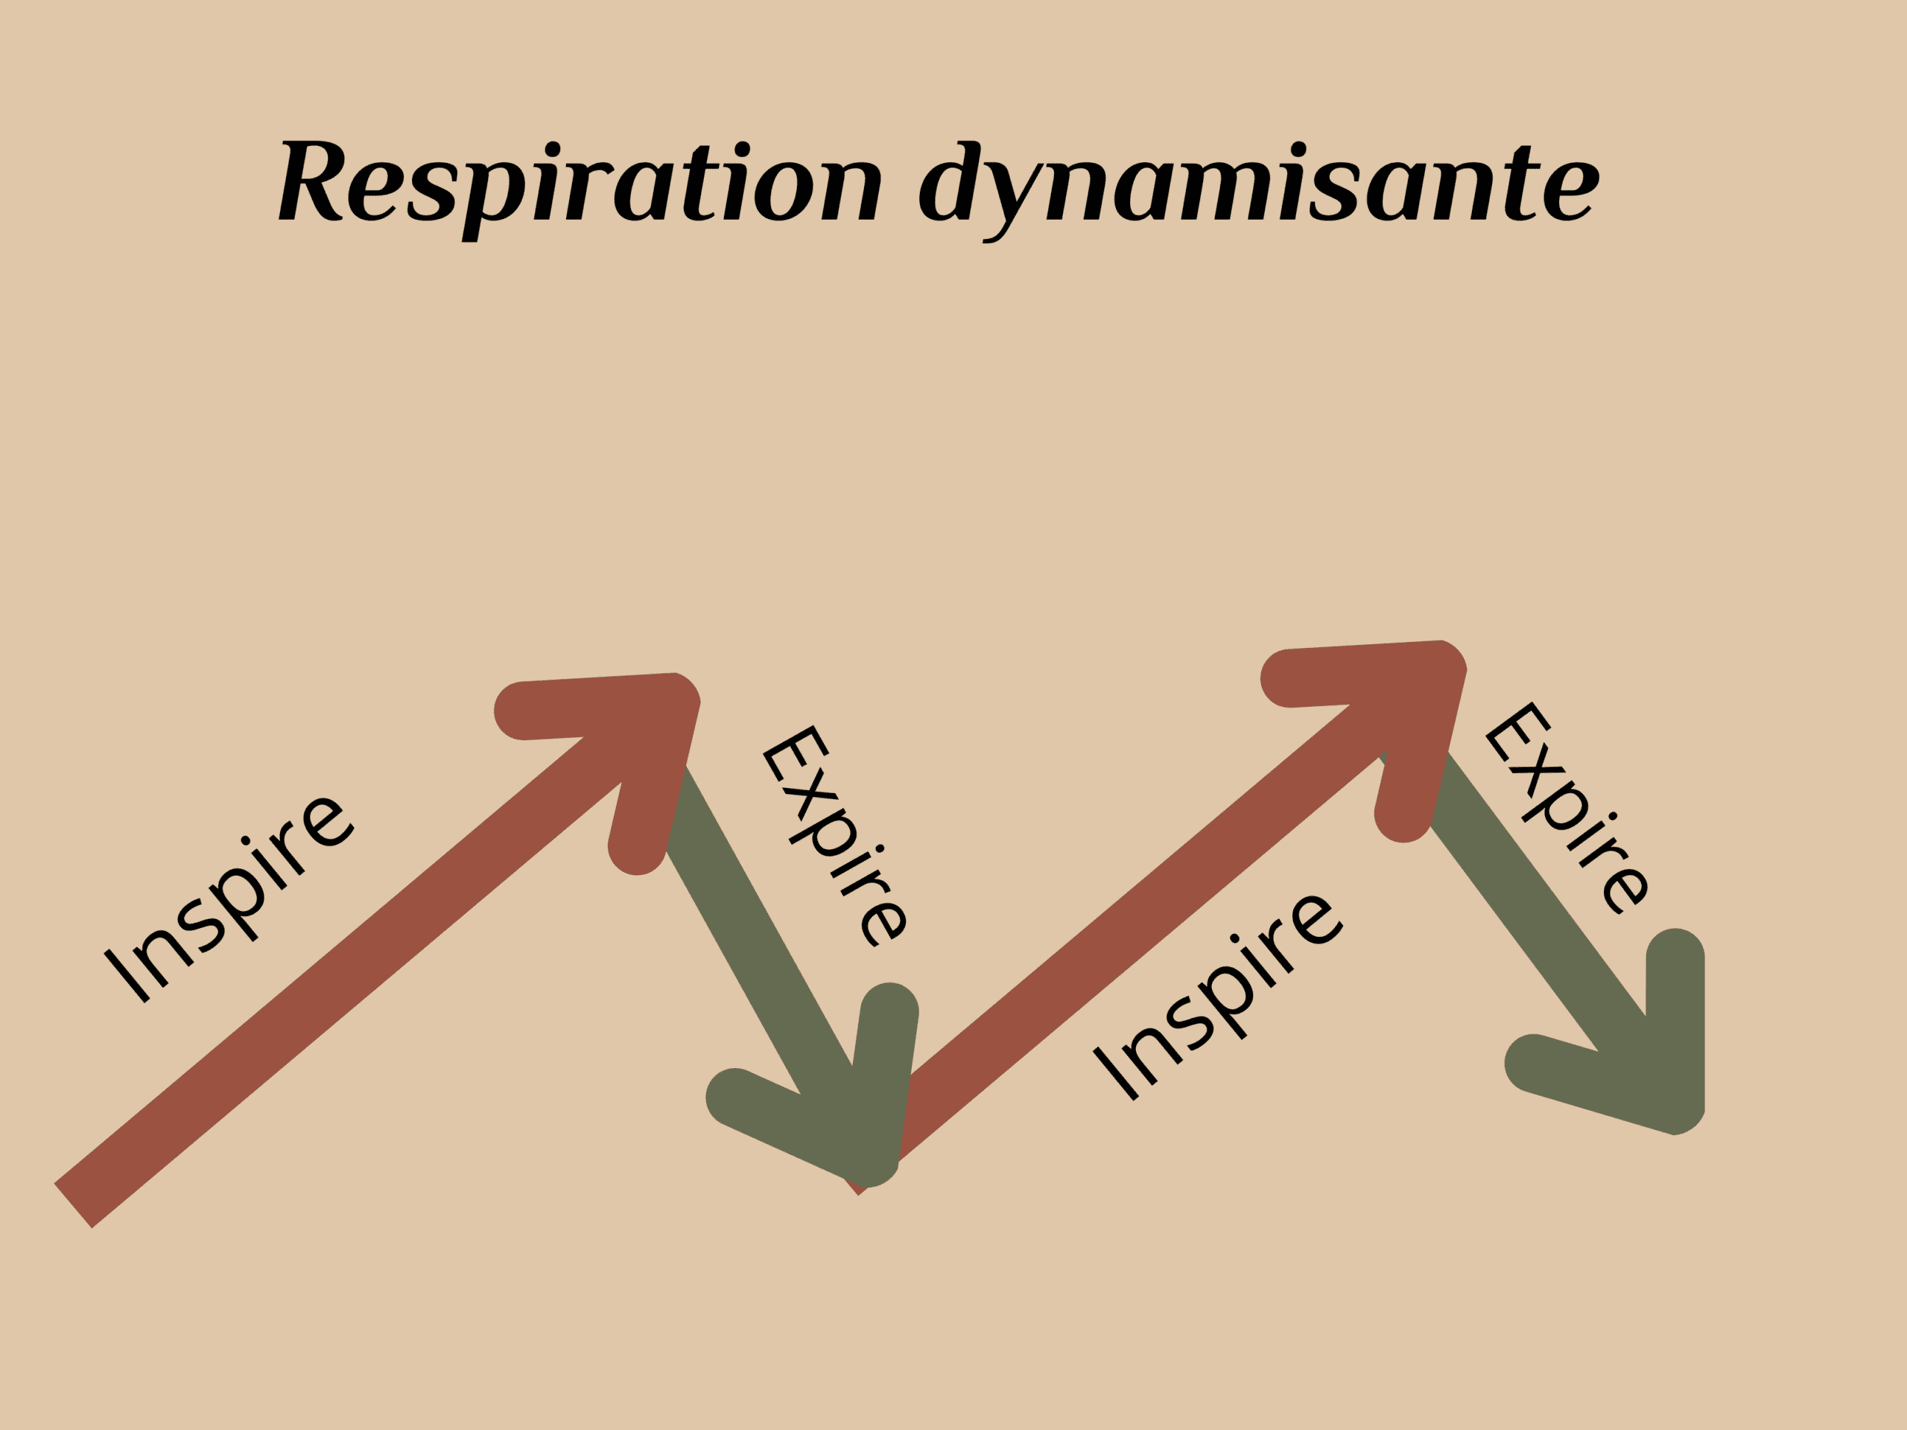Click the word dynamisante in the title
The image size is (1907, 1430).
[1259, 182]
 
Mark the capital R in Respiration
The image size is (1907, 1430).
[312, 181]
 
